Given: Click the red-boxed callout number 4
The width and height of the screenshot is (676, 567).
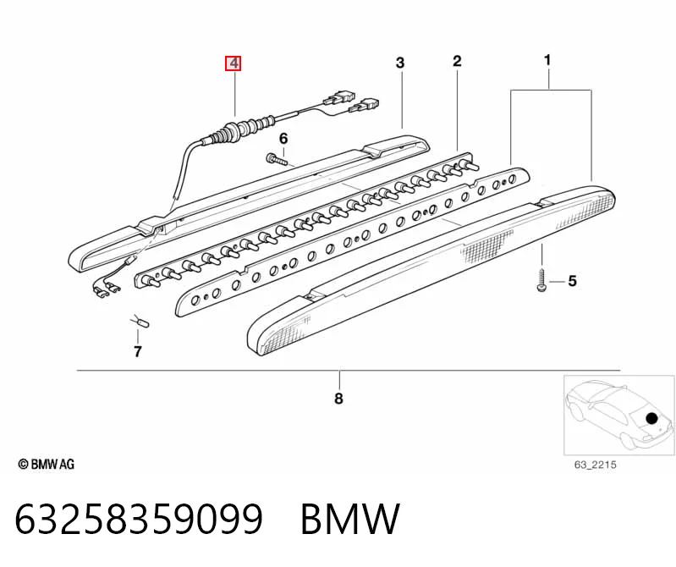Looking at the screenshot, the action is coord(234,63).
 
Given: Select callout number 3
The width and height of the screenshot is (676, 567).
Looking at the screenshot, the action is coord(400,63).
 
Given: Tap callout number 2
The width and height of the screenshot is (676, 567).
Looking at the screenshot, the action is coord(457,61).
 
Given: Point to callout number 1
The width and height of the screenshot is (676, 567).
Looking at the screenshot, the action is coord(547,60).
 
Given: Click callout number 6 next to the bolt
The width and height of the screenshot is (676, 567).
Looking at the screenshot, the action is coord(283,139).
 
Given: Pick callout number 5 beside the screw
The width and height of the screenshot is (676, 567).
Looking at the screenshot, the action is coord(572,281).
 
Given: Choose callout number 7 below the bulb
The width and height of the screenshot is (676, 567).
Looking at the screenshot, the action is coord(138,352).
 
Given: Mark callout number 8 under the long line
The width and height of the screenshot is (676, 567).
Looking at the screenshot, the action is coord(339,399).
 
